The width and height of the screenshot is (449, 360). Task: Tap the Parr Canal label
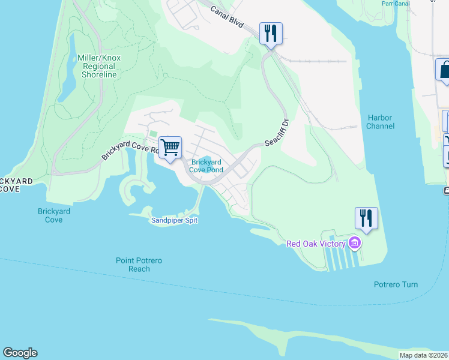tap(395, 3)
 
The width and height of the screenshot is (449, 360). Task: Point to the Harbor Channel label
tap(380, 122)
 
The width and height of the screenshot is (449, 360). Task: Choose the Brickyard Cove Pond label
tap(206, 166)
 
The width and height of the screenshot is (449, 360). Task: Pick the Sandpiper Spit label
tap(173, 221)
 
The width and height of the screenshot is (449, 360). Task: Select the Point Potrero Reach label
tap(139, 265)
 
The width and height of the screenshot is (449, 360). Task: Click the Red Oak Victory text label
tap(316, 244)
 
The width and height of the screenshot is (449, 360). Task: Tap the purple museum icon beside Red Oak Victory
tap(355, 244)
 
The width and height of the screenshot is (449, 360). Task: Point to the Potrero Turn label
tap(396, 284)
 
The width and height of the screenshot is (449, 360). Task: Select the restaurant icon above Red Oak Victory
tap(366, 217)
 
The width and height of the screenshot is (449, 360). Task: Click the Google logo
tap(20, 353)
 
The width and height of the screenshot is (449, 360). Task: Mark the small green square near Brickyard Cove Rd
tap(152, 134)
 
